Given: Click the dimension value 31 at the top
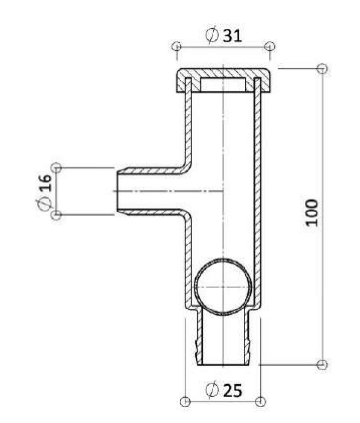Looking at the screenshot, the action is (x=233, y=35).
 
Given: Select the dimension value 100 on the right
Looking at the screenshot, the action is (x=312, y=212).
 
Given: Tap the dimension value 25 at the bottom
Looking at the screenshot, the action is (x=233, y=390).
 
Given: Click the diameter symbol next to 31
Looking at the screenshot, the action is (x=212, y=35).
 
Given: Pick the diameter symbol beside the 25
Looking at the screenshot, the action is (x=213, y=390).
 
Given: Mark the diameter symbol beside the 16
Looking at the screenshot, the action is (x=45, y=203).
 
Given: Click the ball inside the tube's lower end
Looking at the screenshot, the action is (x=223, y=287).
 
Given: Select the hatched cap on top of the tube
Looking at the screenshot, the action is (x=223, y=81).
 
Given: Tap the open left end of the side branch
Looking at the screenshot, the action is (x=117, y=191).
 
